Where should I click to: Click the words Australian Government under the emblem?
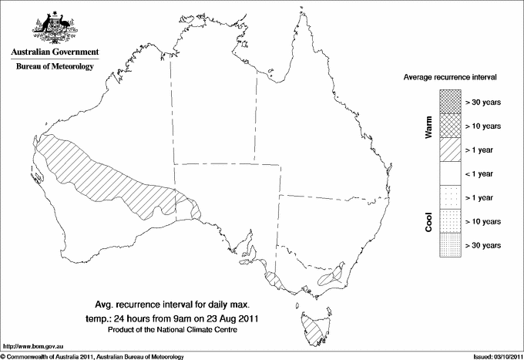pyautogui.click(x=54, y=52)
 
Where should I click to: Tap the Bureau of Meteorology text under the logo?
pyautogui.click(x=54, y=67)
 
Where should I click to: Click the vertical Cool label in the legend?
pyautogui.click(x=428, y=221)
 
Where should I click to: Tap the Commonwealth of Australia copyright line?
pyautogui.click(x=92, y=356)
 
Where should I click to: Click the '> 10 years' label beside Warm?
pyautogui.click(x=484, y=126)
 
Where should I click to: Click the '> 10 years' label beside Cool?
pyautogui.click(x=484, y=221)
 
